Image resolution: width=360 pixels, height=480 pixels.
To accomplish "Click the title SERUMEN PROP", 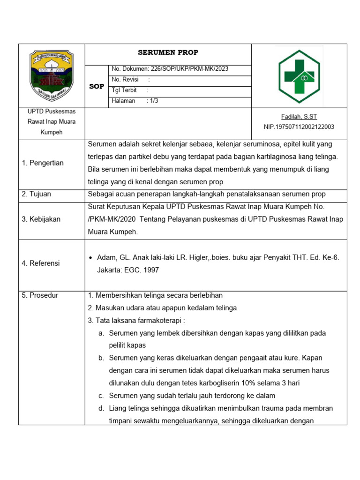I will click(168, 52).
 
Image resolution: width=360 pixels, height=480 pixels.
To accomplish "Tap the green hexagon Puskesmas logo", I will click(299, 76).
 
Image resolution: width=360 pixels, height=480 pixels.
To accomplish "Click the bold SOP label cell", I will click(97, 86).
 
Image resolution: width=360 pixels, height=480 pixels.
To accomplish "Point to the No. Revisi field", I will click(131, 80).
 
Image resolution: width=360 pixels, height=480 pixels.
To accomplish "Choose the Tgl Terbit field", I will click(130, 90).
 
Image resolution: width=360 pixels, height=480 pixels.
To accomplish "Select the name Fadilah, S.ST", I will click(299, 117).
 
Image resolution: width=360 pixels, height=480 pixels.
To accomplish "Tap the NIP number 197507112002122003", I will click(299, 127).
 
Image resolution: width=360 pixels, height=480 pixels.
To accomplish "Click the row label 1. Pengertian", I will click(43, 163).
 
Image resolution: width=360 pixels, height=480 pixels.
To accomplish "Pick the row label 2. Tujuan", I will click(37, 194).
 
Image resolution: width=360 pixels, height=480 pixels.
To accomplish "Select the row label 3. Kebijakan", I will click(41, 219).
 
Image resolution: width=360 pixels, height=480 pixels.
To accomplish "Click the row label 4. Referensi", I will click(41, 263).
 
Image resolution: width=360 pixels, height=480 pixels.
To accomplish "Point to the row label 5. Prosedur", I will click(40, 295).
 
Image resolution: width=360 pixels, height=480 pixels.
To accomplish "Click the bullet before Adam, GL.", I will click(90, 258).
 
